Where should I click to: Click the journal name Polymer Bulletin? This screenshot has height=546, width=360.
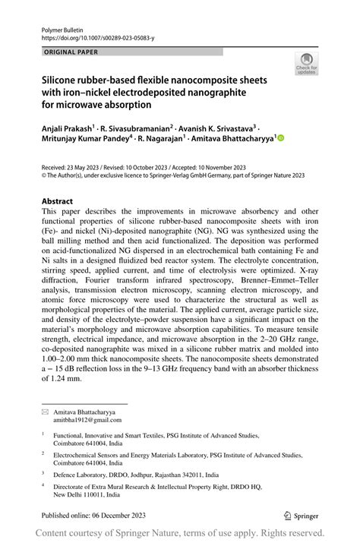(61, 27)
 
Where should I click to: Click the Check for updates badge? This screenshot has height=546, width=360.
(306, 63)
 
